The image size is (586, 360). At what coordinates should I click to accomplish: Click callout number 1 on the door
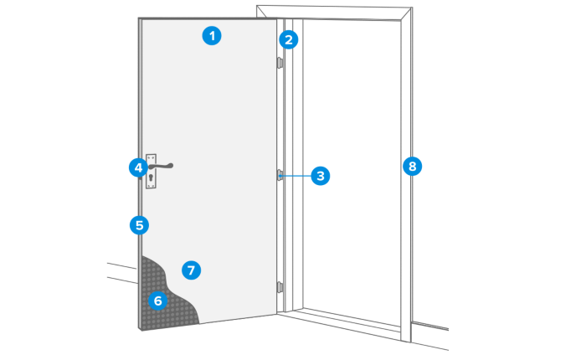pyautogui.click(x=213, y=36)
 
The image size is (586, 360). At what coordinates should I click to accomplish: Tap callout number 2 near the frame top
pyautogui.click(x=289, y=39)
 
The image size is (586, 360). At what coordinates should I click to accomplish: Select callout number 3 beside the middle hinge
pyautogui.click(x=320, y=176)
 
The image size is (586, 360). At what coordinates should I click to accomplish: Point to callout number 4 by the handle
pyautogui.click(x=137, y=167)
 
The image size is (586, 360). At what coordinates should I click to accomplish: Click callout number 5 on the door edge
pyautogui.click(x=138, y=224)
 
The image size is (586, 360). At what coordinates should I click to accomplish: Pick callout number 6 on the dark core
pyautogui.click(x=157, y=299)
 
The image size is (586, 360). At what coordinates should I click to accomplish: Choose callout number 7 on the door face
pyautogui.click(x=191, y=270)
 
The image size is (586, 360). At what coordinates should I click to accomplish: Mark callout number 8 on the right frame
pyautogui.click(x=410, y=166)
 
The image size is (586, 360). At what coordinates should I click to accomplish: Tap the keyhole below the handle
pyautogui.click(x=151, y=178)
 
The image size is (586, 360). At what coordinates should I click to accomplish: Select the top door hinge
pyautogui.click(x=280, y=62)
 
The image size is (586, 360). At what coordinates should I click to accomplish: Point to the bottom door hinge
pyautogui.click(x=280, y=287)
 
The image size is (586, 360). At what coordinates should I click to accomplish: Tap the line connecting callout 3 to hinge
pyautogui.click(x=296, y=176)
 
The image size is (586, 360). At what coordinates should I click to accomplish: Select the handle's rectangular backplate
pyautogui.click(x=151, y=172)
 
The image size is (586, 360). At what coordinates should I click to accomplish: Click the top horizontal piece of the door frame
pyautogui.click(x=335, y=12)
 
